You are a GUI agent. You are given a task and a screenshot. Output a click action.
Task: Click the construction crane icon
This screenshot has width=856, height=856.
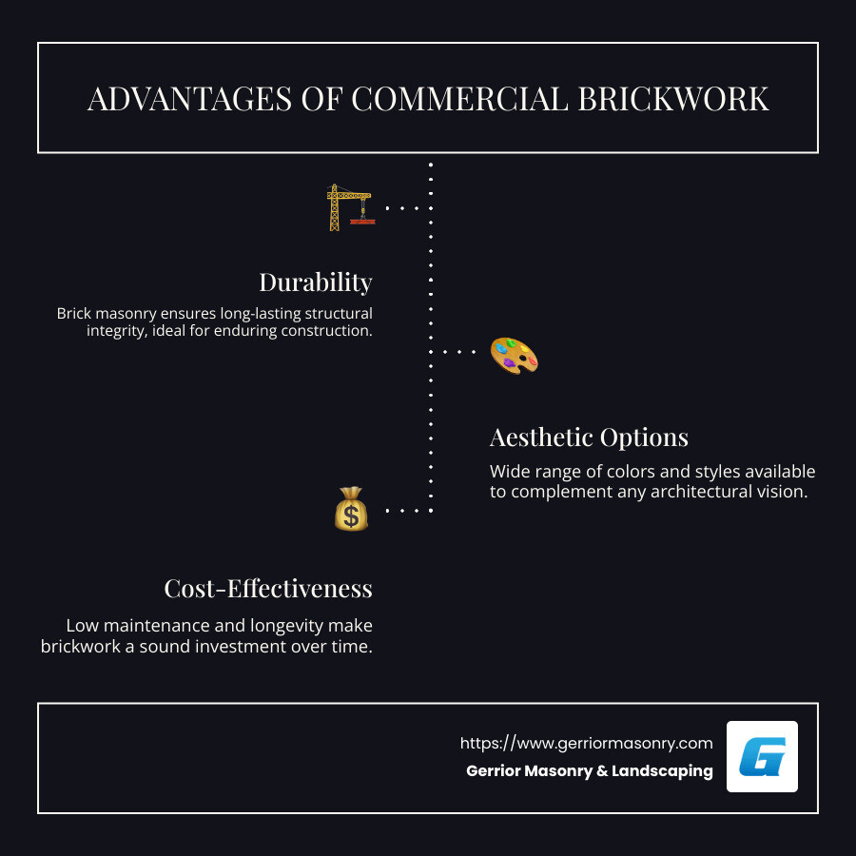point(348,207)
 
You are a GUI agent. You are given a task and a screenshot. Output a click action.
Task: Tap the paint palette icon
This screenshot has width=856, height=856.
point(514,355)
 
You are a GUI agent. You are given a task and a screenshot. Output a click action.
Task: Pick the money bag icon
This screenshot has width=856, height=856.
point(351,510)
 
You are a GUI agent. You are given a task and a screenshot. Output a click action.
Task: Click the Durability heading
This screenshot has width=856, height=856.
point(315,282)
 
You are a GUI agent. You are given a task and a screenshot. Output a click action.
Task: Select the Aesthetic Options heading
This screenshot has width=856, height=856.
point(589,438)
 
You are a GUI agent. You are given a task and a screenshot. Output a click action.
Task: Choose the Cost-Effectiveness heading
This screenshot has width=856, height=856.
point(267,589)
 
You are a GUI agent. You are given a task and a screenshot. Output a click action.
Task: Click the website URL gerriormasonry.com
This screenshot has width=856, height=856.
point(586,743)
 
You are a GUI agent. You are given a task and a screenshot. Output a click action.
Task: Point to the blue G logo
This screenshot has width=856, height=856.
point(762,757)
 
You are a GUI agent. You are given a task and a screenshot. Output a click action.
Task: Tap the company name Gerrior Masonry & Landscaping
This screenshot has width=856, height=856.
point(589,771)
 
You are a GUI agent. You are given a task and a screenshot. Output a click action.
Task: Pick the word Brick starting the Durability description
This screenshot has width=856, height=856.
point(77,313)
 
